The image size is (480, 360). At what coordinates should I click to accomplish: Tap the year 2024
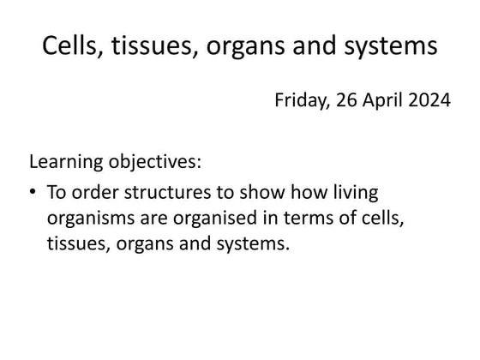pos(430,101)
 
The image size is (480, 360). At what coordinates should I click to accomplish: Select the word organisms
pos(87,219)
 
